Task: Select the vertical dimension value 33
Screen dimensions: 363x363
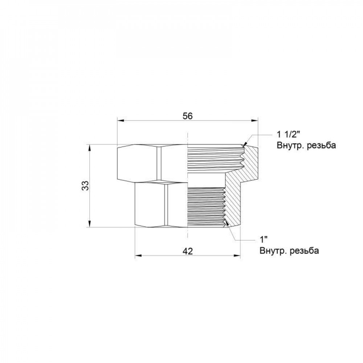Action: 85,186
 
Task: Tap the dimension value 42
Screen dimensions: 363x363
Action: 187,250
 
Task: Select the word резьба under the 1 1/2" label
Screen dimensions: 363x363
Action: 321,146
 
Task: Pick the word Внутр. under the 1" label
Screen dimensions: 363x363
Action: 272,251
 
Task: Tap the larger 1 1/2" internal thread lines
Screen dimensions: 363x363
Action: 214,158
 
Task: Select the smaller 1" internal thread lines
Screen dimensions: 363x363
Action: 205,207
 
